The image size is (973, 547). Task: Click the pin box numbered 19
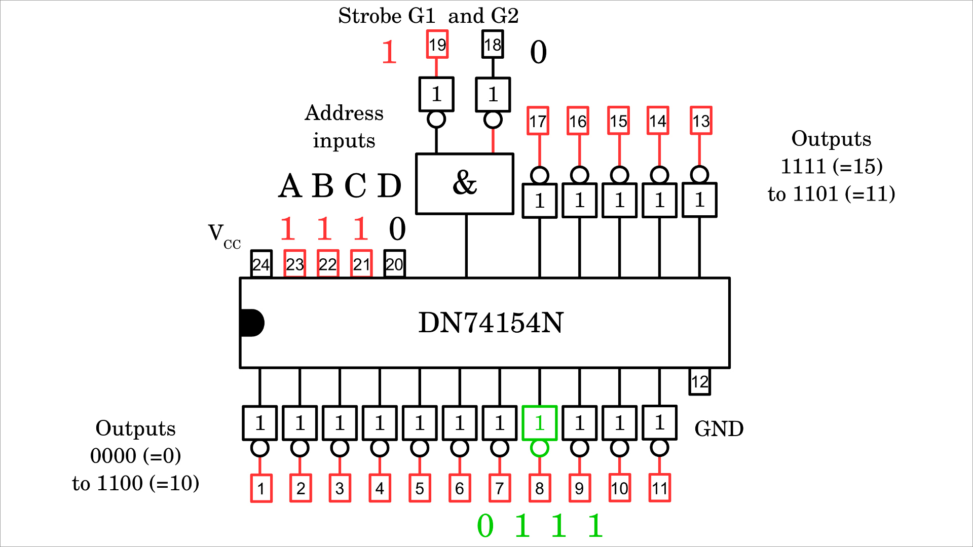[437, 45]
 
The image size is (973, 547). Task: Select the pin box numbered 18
[493, 45]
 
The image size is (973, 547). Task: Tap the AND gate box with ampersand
[465, 183]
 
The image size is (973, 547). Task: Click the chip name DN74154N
[491, 323]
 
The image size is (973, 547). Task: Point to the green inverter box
[540, 423]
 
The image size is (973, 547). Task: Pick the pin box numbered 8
[540, 488]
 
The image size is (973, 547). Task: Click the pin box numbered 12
[700, 382]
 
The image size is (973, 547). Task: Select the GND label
[719, 429]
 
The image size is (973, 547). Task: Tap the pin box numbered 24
[261, 264]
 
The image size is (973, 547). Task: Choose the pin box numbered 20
[395, 264]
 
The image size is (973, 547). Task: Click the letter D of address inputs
[389, 186]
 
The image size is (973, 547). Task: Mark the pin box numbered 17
[538, 121]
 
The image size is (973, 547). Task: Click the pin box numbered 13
[701, 121]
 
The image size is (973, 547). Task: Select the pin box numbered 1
[261, 488]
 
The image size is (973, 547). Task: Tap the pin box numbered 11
[660, 488]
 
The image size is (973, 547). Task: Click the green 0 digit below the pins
[485, 526]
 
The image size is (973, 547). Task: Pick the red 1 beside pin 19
[389, 52]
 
